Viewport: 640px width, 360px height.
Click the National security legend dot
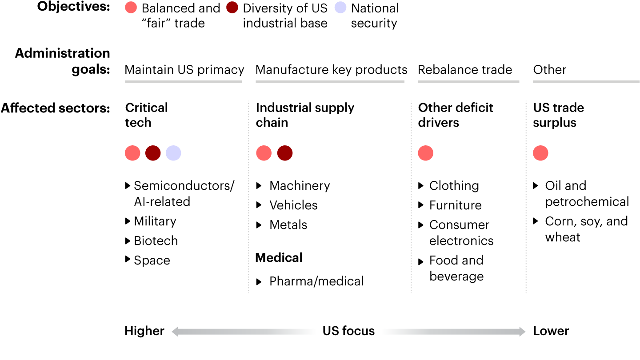point(340,8)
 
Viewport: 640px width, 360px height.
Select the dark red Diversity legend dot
point(232,8)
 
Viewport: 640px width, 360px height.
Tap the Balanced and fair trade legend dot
point(131,8)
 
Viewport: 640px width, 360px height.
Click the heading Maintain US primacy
point(184,70)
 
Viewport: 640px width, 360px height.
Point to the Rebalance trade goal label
point(465,70)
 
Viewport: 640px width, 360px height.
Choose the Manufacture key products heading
point(331,70)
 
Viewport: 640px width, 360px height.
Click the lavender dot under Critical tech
point(173,153)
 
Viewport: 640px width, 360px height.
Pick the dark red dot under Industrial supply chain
point(285,153)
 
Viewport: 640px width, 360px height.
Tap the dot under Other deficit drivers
point(426,153)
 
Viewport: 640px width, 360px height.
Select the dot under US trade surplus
point(540,153)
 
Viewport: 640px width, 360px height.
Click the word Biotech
point(156,241)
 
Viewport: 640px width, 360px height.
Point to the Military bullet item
point(155,221)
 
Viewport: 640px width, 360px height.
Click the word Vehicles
point(293,205)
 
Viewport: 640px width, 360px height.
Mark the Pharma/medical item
point(316,281)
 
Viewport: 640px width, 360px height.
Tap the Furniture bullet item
point(455,205)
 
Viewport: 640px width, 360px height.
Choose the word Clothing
point(454,186)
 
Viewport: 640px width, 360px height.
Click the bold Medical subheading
point(279,258)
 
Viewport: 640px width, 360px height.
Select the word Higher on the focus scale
point(144,331)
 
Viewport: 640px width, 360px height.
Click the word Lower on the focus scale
point(551,331)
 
